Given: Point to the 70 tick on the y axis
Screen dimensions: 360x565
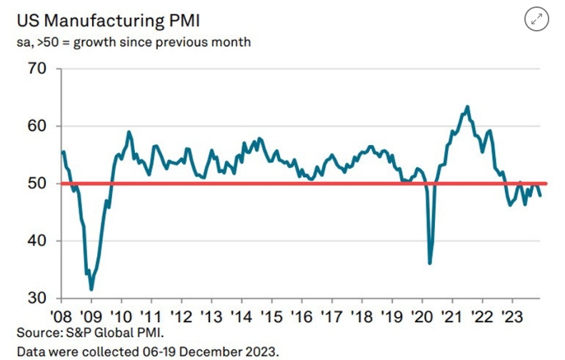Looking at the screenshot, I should [x=36, y=69].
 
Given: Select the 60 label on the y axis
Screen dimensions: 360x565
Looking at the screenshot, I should [x=36, y=126].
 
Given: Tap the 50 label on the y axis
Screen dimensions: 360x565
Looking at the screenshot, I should [x=36, y=184].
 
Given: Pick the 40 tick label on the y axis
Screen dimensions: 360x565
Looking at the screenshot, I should [x=36, y=241].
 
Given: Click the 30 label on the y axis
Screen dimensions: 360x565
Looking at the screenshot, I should [x=36, y=298].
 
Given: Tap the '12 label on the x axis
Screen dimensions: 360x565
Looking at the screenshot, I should [x=180, y=316].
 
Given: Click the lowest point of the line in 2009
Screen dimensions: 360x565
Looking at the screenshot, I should [x=91, y=289].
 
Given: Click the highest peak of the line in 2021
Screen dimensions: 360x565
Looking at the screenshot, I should [x=467, y=106].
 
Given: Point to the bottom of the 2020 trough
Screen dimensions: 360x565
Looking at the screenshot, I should [x=430, y=263].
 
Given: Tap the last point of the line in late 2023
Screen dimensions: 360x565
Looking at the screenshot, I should [x=539, y=195].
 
